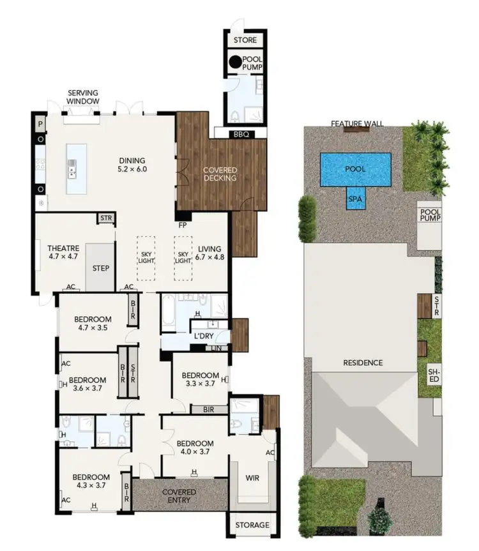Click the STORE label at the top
point(245,40)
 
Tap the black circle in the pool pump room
point(235,62)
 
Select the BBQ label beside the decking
point(240,134)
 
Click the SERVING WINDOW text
point(83,98)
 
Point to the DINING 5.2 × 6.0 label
point(133,165)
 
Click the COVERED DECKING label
point(220,174)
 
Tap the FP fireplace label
point(182,225)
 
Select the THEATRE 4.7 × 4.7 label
point(63,252)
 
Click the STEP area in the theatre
point(100,268)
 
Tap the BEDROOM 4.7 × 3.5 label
point(93,324)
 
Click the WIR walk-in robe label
point(252,477)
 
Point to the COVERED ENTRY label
point(179,496)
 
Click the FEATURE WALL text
point(357,123)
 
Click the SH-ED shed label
point(434,375)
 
